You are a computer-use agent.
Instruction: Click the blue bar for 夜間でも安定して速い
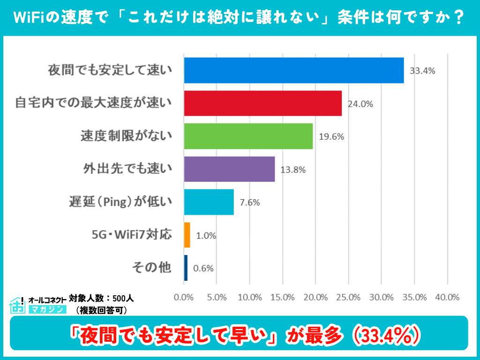[294, 70]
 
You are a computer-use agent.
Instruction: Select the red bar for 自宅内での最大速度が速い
[262, 103]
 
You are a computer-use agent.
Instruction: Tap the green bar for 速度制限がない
[248, 136]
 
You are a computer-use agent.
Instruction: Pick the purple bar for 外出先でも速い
[229, 169]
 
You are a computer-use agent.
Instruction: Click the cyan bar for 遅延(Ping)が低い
[209, 202]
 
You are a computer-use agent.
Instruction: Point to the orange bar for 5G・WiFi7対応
[187, 235]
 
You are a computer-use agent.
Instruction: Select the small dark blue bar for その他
[186, 268]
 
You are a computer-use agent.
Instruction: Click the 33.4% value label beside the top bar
[423, 71]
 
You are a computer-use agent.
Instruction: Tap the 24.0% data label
[360, 104]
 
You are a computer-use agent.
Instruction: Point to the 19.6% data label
[331, 137]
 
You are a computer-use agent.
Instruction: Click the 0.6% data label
[203, 268]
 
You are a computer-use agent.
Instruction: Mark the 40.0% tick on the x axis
[447, 297]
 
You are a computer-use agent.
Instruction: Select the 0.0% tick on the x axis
[184, 297]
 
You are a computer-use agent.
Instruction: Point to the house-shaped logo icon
[17, 305]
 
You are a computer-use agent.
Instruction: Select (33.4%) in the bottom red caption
[385, 335]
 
